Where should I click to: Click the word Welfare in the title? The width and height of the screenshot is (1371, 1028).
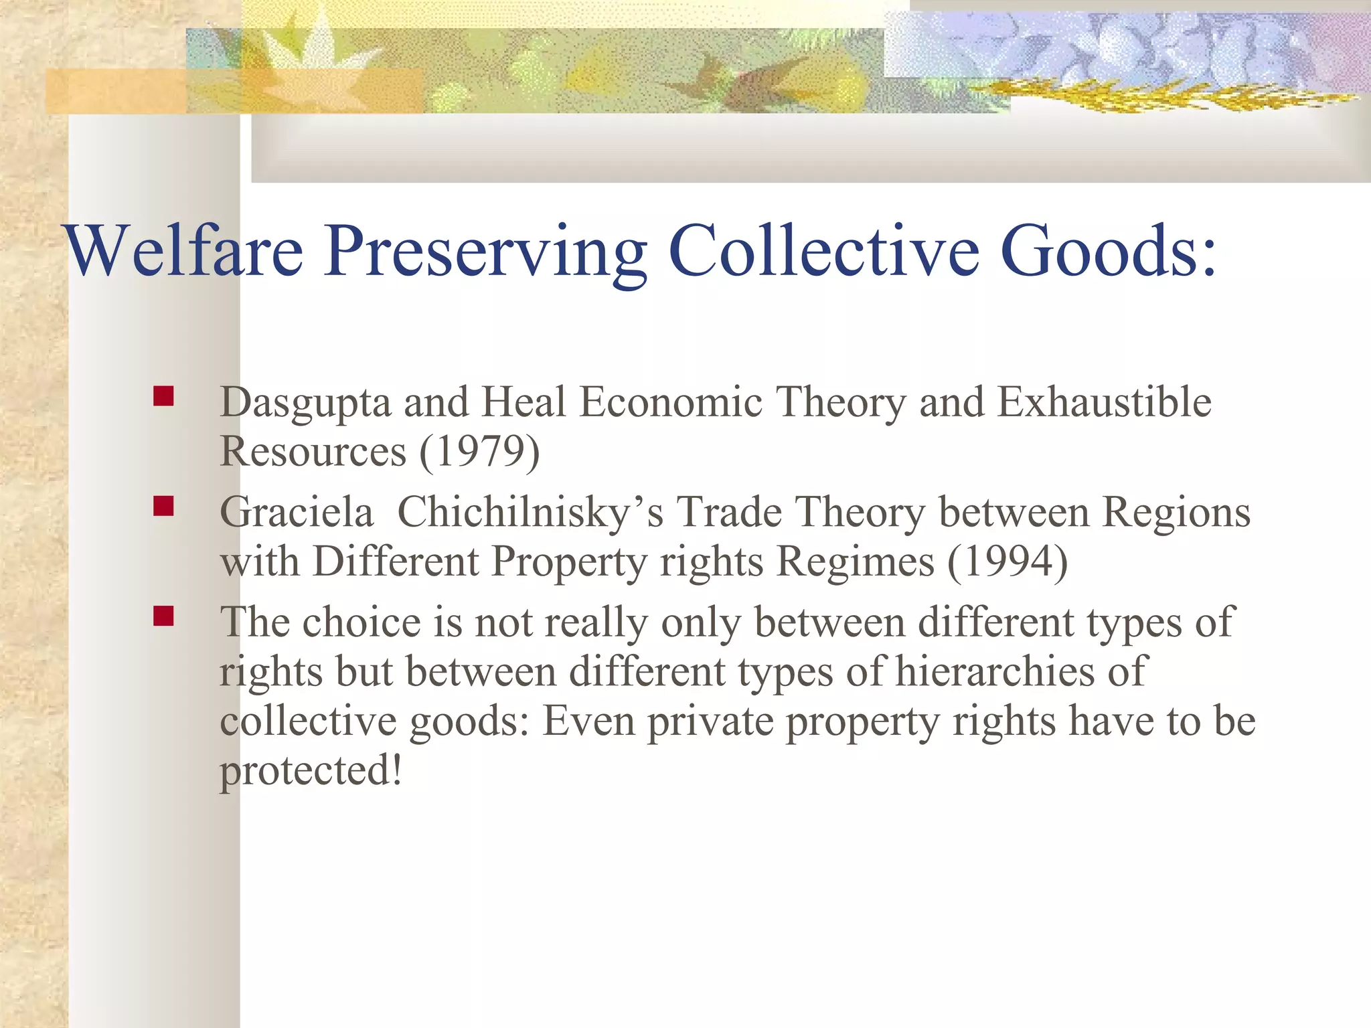(184, 250)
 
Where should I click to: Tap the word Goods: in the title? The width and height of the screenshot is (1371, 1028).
(1108, 250)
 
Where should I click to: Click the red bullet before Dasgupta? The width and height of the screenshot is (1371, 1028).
(163, 396)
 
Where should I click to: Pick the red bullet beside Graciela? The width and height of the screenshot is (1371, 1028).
(163, 506)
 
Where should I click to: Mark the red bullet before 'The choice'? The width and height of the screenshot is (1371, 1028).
(163, 616)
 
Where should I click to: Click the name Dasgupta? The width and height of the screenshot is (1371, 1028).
(305, 404)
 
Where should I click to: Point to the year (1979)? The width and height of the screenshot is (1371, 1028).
(479, 452)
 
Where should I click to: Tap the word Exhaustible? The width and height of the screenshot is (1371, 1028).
(1104, 402)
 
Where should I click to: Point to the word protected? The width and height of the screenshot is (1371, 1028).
(311, 770)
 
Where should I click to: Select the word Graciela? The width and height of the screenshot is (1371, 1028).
(297, 513)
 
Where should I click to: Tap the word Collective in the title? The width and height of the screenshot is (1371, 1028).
(825, 250)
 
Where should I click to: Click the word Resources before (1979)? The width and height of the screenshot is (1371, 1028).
(313, 452)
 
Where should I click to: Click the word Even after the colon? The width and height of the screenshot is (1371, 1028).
(588, 721)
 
